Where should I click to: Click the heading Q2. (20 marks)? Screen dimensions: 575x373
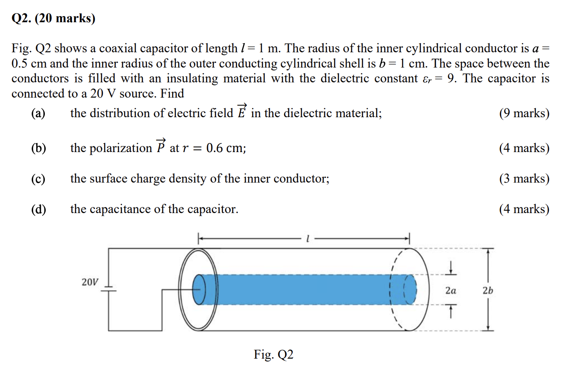(53, 18)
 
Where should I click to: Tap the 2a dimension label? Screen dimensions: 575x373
(451, 291)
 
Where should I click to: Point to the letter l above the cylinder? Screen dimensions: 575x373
(308, 239)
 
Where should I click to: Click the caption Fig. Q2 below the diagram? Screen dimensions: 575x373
(274, 355)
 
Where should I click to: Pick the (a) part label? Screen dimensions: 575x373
(38, 114)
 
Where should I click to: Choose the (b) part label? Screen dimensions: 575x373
(38, 149)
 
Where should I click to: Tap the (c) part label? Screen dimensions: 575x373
(38, 179)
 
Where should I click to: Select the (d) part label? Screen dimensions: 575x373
(38, 210)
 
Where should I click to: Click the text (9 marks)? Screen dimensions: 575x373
(524, 114)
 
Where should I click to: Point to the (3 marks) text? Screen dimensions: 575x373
(524, 179)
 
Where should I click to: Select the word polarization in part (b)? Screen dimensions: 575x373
(111, 149)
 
